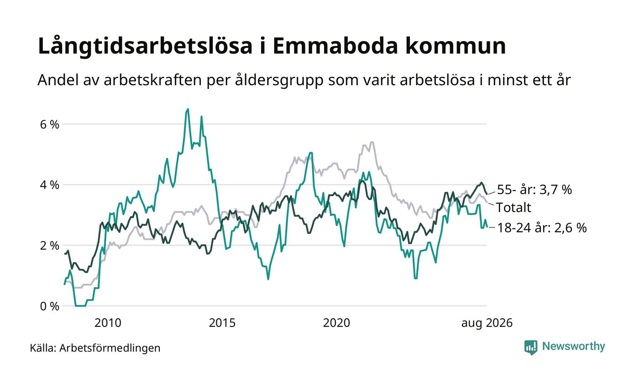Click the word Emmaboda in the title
(335, 46)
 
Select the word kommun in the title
(456, 46)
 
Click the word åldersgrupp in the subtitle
(279, 81)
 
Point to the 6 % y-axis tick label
(50, 124)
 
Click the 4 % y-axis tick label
(50, 185)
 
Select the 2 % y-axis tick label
(50, 246)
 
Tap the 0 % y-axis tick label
(50, 306)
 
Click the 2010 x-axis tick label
(108, 323)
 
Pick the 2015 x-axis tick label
(222, 323)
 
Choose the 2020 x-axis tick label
(336, 323)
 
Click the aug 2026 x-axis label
(487, 323)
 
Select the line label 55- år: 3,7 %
(534, 190)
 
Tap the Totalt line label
(513, 207)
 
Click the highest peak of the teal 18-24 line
(188, 109)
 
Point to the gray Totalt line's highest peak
(372, 142)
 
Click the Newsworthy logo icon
(530, 347)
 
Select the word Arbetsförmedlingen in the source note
(110, 348)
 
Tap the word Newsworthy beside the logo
(573, 346)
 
